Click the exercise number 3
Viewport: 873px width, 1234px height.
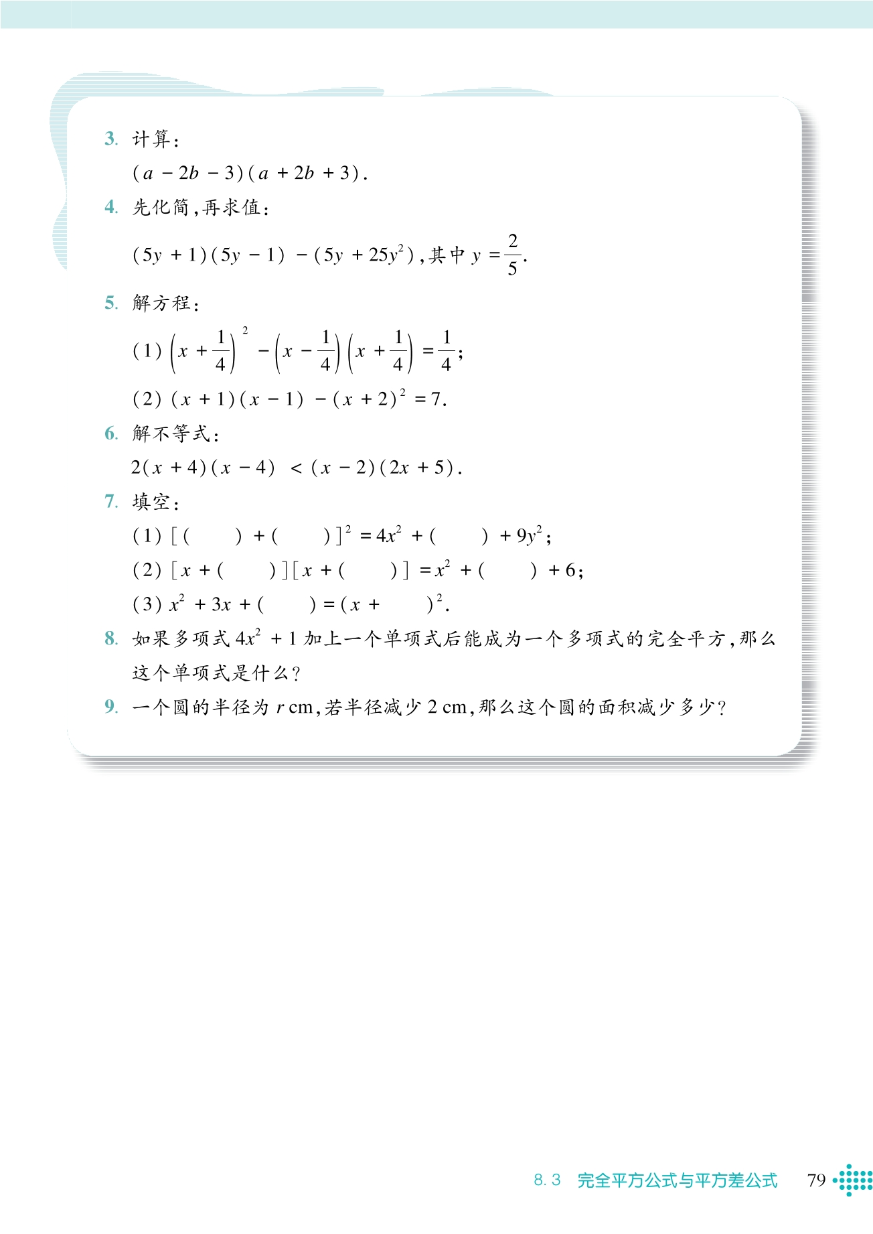110,139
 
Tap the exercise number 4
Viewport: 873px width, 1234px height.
110,207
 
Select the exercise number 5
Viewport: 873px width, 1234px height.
110,303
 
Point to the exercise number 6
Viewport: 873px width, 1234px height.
110,433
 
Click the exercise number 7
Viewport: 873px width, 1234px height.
110,501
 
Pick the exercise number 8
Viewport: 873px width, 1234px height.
110,638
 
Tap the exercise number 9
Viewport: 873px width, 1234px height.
110,707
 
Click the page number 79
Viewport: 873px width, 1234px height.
816,1180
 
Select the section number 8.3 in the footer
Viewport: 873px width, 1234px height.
547,1180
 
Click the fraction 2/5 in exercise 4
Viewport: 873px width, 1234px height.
512,255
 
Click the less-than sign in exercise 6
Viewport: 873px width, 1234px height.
296,468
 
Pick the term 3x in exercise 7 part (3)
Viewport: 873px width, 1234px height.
221,605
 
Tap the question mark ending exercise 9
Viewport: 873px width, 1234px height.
720,708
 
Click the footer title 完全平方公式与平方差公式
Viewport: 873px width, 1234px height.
677,1180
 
